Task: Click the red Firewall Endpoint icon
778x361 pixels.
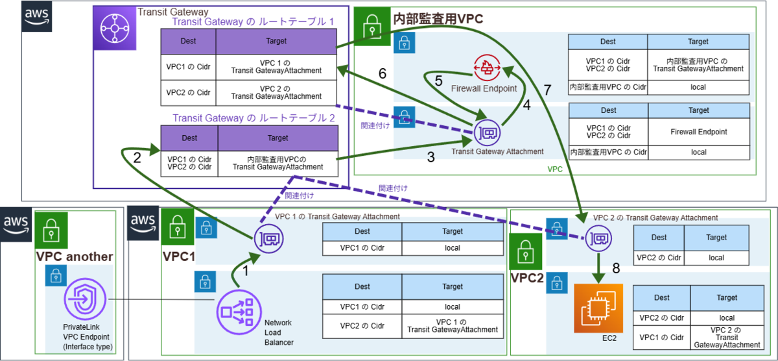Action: pyautogui.click(x=487, y=68)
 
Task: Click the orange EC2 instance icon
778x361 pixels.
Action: pyautogui.click(x=598, y=308)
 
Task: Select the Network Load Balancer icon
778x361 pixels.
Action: pyautogui.click(x=239, y=312)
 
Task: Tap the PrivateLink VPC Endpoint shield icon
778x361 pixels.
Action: pyautogui.click(x=85, y=299)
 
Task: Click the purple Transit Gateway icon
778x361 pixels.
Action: pyautogui.click(x=115, y=28)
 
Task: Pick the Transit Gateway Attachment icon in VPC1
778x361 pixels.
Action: pyautogui.click(x=268, y=239)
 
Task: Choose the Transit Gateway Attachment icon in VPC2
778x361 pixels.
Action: pyautogui.click(x=598, y=238)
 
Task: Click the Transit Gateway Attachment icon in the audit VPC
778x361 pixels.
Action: pyautogui.click(x=487, y=132)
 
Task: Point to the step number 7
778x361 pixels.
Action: pyautogui.click(x=547, y=90)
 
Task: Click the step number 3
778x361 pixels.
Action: pyautogui.click(x=430, y=157)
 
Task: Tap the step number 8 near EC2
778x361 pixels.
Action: pyautogui.click(x=616, y=268)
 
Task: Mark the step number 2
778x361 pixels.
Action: pyautogui.click(x=137, y=158)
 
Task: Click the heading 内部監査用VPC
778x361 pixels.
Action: pyautogui.click(x=438, y=18)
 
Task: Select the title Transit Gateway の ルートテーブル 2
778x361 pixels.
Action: pyautogui.click(x=253, y=118)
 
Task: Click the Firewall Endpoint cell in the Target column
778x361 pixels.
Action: pyautogui.click(x=699, y=132)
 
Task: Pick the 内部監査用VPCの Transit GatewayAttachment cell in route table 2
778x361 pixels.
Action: pyautogui.click(x=278, y=163)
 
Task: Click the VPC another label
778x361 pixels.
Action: pyautogui.click(x=75, y=256)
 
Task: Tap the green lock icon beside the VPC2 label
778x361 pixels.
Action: pyautogui.click(x=526, y=252)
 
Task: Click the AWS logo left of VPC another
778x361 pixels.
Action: pyautogui.click(x=16, y=224)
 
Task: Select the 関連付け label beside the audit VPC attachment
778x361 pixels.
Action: pyautogui.click(x=375, y=125)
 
